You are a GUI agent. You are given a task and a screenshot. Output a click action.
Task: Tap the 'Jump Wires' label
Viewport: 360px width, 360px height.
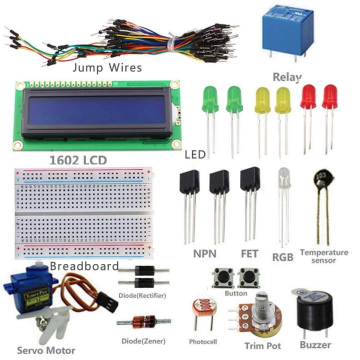click(x=107, y=67)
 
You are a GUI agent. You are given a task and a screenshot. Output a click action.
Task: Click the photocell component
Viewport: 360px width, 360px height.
click(x=203, y=308)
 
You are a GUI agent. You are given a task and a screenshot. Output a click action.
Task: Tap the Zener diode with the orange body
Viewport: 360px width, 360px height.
click(x=141, y=322)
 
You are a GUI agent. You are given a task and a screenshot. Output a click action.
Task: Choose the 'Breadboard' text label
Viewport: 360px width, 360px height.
click(x=84, y=266)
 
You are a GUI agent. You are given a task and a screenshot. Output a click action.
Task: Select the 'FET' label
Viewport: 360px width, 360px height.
click(x=249, y=253)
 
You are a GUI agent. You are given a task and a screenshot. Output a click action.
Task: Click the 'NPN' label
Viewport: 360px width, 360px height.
click(x=204, y=253)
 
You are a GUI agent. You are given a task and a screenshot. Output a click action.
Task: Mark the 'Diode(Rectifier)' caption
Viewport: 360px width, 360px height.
click(x=142, y=295)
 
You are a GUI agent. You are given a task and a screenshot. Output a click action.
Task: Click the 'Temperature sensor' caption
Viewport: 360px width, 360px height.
click(x=323, y=256)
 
